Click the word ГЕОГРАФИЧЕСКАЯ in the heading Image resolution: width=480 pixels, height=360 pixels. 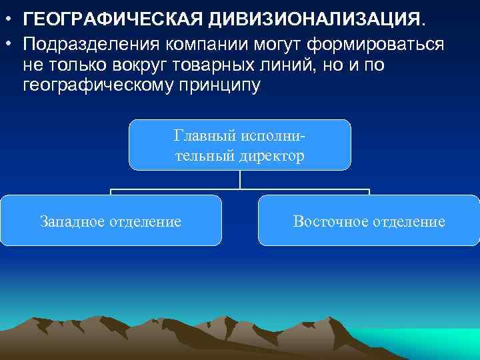(x=113, y=21)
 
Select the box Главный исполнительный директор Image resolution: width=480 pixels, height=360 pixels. (x=239, y=144)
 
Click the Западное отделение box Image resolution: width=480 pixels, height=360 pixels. (x=111, y=220)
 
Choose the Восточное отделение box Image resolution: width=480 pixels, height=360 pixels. (x=369, y=220)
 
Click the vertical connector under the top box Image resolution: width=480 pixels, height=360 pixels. (x=239, y=180)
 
